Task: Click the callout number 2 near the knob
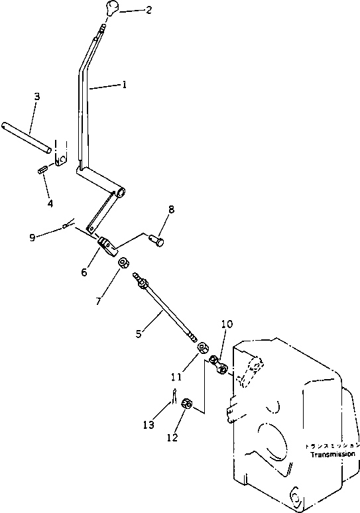(149, 10)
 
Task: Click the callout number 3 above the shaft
(36, 97)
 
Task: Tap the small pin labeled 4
(42, 170)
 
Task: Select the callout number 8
(171, 209)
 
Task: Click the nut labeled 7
(123, 264)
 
